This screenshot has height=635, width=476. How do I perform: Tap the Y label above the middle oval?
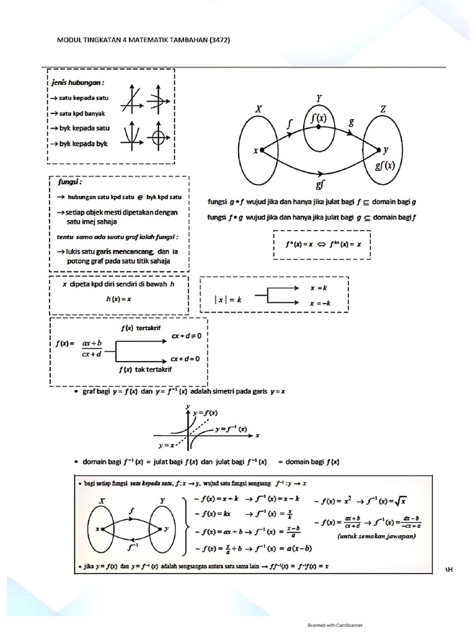319,98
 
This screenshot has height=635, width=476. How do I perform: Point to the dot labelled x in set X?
262,149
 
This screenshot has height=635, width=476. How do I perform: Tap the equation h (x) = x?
118,298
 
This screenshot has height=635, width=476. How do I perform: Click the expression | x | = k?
227,299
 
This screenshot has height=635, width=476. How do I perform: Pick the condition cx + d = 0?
189,358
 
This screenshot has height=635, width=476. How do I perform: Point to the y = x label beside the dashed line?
165,445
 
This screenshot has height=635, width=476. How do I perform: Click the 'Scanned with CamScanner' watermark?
335,625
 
